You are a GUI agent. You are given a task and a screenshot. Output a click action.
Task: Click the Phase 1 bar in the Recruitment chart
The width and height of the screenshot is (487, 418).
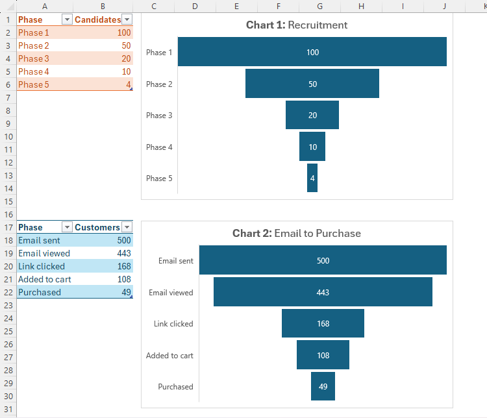click(312, 52)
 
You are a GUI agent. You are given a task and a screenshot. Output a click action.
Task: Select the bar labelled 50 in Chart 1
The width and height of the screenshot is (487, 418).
click(312, 84)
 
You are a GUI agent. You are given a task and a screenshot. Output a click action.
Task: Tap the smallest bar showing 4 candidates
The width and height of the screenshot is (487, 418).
click(312, 178)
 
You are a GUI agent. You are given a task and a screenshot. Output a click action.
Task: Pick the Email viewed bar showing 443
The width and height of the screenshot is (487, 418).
click(323, 292)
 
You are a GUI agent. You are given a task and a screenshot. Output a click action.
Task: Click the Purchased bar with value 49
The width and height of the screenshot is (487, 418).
click(323, 387)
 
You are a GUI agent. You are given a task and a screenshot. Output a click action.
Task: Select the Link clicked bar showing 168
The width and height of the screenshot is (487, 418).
click(323, 323)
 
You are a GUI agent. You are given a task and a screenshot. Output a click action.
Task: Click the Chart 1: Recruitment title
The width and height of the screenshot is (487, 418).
click(297, 25)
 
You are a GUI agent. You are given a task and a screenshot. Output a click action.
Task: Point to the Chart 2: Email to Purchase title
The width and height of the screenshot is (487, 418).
click(297, 233)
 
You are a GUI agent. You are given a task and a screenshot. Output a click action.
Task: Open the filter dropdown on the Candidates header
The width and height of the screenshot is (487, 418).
click(127, 19)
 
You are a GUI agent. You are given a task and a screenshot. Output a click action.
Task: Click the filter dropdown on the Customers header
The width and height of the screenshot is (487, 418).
click(127, 227)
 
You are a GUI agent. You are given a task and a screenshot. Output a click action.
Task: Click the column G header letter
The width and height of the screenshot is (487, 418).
click(319, 6)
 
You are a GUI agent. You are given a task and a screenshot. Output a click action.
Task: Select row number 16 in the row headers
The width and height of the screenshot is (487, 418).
click(8, 214)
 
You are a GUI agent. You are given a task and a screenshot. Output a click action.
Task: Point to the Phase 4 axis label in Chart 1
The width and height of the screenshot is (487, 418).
click(159, 147)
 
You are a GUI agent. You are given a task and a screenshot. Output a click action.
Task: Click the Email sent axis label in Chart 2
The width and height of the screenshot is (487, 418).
click(175, 261)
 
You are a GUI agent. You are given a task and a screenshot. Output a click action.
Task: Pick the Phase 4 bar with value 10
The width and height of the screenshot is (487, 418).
click(312, 147)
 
